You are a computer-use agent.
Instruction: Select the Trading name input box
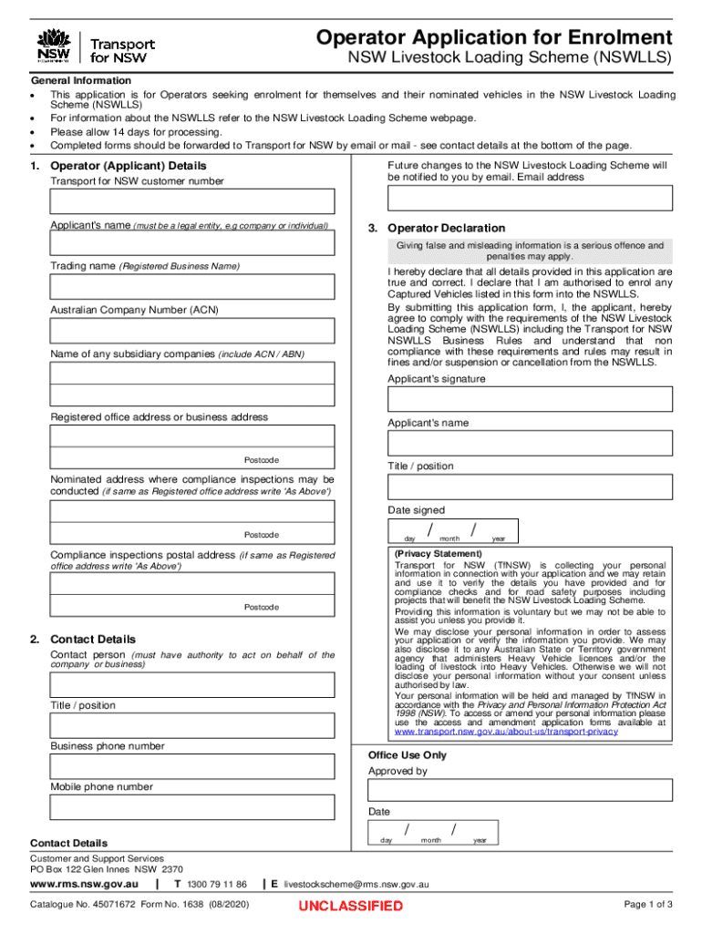pos(192,287)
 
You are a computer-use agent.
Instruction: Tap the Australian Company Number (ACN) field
pos(192,331)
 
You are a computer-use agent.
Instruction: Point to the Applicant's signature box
pos(530,400)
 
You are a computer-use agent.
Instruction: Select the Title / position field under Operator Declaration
pos(530,487)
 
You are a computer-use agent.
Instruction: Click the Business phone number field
pos(192,766)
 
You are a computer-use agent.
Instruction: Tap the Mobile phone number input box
pos(192,807)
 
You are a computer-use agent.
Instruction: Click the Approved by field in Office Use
pos(520,791)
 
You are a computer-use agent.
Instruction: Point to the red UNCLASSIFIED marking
pos(350,906)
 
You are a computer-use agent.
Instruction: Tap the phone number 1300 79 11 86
pos(216,884)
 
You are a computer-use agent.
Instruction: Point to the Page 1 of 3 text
pos(647,905)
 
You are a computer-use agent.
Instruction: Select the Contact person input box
pos(192,685)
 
